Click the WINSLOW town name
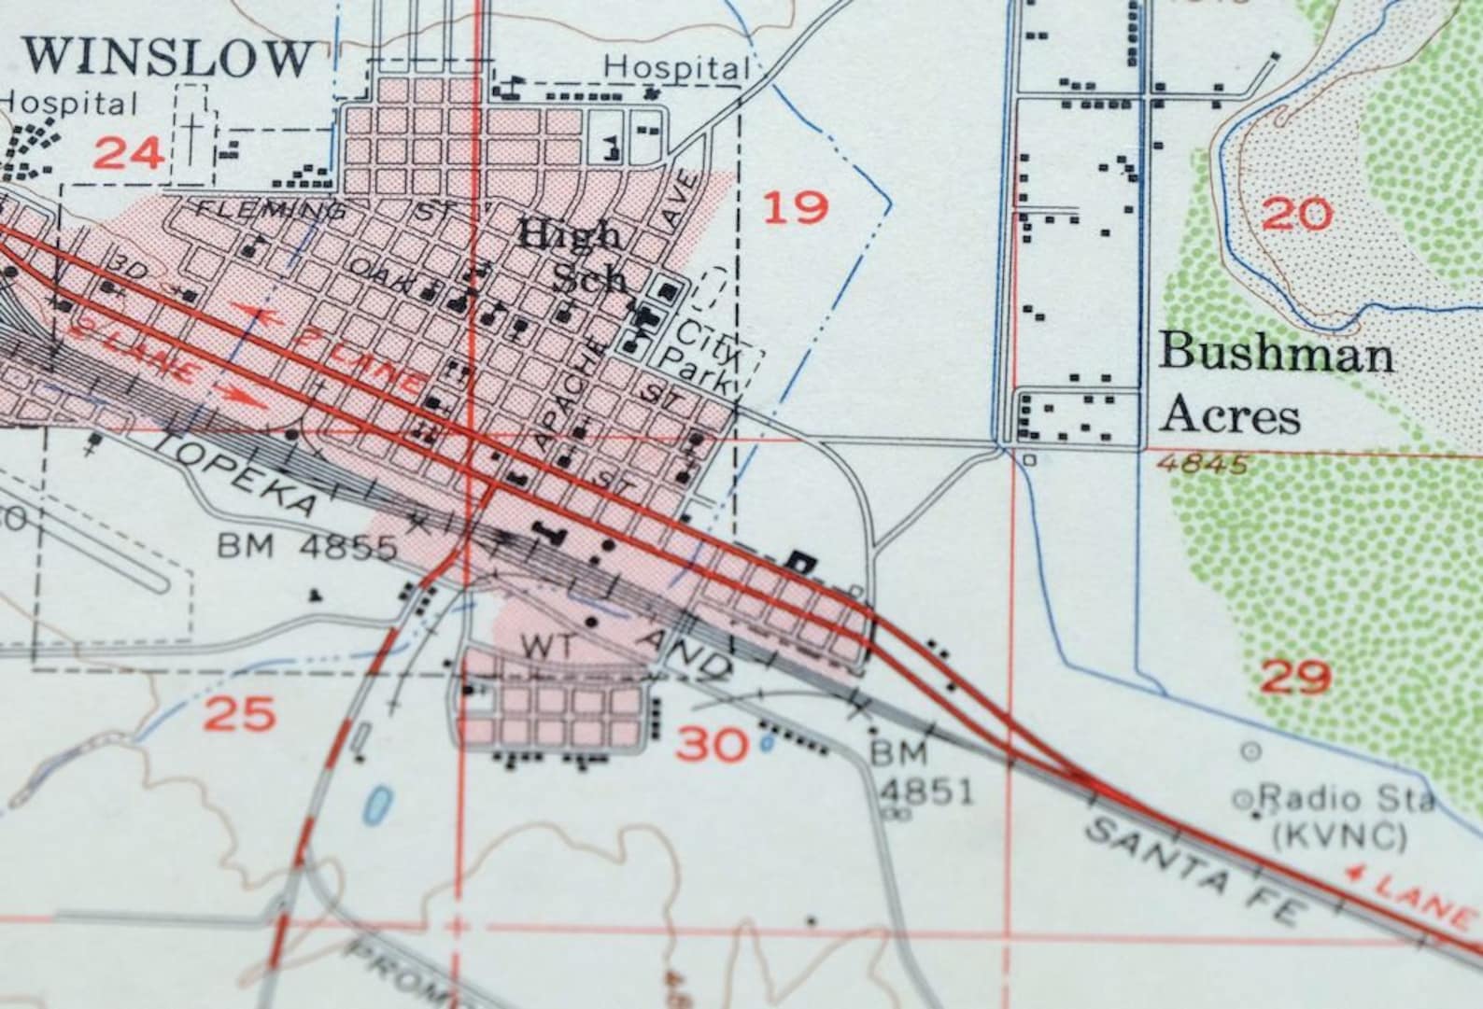168,58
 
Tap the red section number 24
130,152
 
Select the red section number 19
796,207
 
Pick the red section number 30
713,745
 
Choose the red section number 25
240,715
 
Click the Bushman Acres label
1277,385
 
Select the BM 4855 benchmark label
307,547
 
